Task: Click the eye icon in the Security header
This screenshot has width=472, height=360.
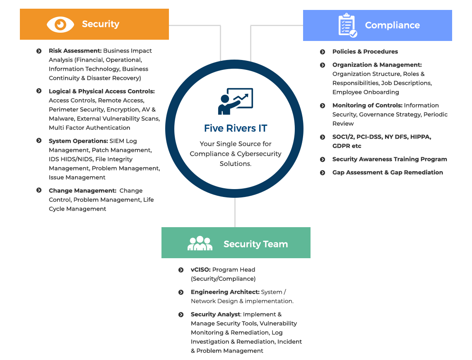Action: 60,24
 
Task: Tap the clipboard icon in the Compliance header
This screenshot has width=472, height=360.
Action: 348,25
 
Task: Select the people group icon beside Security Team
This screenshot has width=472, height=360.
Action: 200,243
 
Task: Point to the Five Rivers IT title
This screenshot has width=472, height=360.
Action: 236,128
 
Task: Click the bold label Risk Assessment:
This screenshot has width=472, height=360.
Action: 75,51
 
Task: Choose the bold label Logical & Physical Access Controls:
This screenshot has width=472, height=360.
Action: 102,91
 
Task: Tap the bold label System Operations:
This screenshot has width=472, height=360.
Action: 78,141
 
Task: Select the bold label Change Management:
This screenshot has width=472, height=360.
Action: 82,191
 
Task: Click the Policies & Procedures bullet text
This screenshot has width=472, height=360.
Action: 365,52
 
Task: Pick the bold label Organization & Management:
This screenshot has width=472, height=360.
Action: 377,65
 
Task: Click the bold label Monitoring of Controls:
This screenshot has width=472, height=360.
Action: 367,106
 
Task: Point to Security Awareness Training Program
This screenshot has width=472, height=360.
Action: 390,159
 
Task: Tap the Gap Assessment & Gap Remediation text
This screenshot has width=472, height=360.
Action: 388,173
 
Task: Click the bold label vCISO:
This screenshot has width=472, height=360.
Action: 201,270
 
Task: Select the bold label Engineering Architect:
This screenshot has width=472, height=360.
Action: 225,292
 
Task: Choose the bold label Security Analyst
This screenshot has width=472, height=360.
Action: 216,314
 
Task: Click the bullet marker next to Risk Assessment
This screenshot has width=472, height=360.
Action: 39,51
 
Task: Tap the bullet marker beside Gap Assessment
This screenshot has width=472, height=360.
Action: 323,173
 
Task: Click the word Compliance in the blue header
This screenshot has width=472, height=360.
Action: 392,25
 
